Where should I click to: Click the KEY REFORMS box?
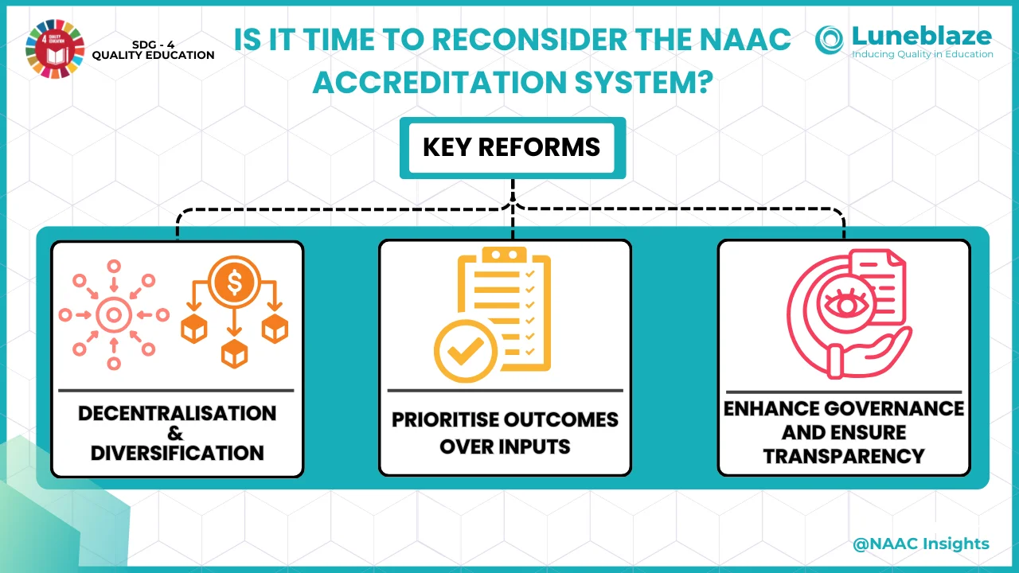(511, 148)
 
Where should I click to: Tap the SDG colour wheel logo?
(53, 48)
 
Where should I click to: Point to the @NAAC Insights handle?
(920, 544)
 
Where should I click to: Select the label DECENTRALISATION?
(177, 414)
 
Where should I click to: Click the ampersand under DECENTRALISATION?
(176, 434)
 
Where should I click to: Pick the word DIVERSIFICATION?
(177, 453)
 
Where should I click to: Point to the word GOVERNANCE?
(888, 409)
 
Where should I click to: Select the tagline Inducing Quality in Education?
(923, 54)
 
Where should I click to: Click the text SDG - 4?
(154, 45)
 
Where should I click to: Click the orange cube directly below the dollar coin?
(234, 353)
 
